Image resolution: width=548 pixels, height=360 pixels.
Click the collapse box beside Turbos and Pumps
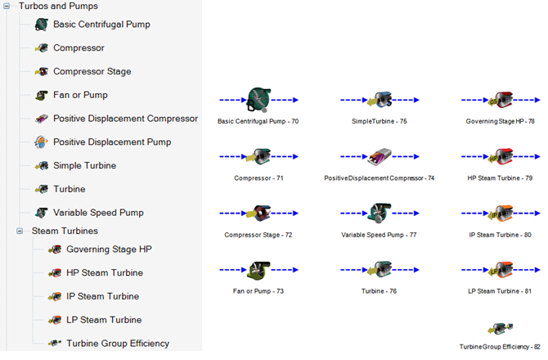7,6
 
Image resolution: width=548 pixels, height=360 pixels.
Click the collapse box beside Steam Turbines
20,231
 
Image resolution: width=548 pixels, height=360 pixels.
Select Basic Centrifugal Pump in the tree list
101,25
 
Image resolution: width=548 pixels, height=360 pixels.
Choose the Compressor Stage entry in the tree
92,72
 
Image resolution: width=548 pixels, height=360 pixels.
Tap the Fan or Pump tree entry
80,95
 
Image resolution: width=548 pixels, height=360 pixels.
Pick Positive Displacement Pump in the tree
112,142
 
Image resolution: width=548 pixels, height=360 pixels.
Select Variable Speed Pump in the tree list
98,213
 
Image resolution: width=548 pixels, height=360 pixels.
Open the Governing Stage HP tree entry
109,250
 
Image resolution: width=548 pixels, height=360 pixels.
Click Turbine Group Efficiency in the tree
118,344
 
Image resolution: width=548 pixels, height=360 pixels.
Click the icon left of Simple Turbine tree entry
42,166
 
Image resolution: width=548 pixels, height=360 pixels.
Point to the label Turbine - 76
380,290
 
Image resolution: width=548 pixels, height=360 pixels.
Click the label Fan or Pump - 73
258,290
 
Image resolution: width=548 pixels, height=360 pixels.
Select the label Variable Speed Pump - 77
379,235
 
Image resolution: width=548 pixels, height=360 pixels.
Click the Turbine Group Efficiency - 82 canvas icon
500,328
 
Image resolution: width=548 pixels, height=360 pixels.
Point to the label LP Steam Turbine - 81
500,290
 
